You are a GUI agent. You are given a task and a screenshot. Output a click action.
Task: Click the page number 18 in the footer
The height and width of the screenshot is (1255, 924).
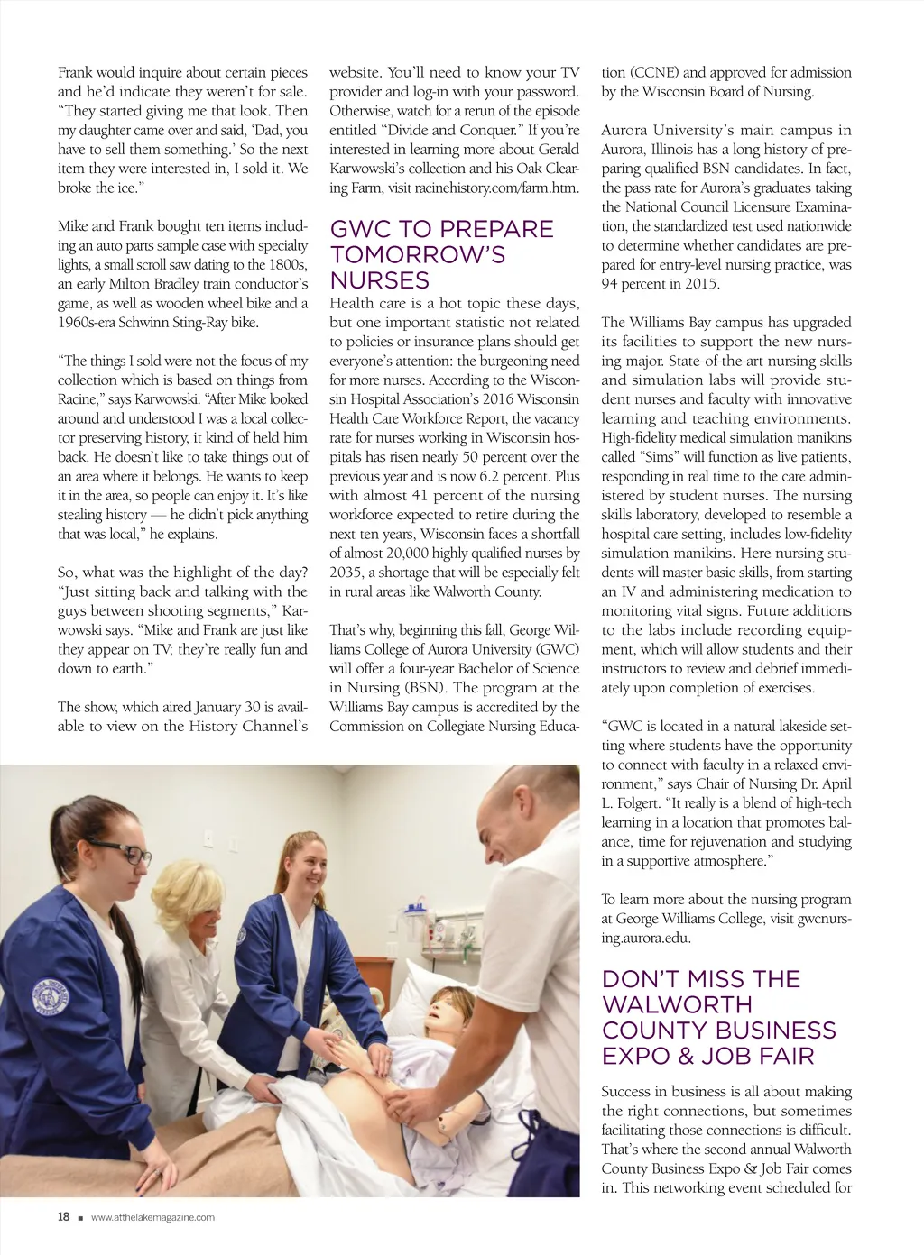coord(63,1216)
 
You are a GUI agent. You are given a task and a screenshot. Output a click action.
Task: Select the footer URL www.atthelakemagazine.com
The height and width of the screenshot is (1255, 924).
coord(152,1217)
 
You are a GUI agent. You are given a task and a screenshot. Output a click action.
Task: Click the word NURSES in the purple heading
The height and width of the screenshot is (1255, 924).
coord(379,280)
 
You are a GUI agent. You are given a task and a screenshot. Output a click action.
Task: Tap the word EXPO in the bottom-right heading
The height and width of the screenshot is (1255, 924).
coord(639,1056)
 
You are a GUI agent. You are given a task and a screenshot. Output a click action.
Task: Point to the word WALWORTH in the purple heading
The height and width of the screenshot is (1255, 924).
coord(677,1004)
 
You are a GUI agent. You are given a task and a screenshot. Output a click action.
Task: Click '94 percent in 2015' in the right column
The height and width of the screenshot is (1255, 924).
coord(661,284)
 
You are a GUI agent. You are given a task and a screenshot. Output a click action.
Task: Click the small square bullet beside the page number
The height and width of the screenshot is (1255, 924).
coord(80,1218)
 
